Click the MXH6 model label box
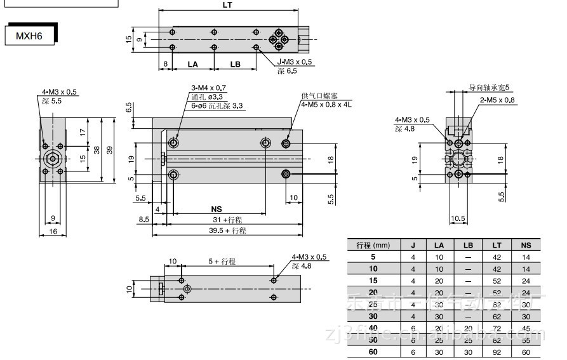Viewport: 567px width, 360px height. [x=29, y=36]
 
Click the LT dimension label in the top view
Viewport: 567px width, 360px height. [x=227, y=5]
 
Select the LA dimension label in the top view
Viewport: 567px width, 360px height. [x=193, y=64]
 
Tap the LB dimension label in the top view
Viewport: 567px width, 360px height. [x=235, y=64]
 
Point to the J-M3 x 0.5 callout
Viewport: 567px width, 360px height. [x=295, y=62]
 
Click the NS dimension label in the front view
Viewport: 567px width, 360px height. [x=217, y=209]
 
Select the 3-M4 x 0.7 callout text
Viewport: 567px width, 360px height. [x=209, y=88]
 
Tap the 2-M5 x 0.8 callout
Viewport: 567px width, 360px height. [x=497, y=100]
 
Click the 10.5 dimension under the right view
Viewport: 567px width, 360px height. [x=458, y=219]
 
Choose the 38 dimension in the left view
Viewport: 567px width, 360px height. [x=97, y=150]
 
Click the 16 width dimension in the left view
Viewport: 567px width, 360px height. [x=53, y=232]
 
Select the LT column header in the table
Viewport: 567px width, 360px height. [x=497, y=245]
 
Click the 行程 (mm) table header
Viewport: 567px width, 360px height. [x=373, y=245]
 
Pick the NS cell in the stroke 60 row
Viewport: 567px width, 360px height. [x=526, y=352]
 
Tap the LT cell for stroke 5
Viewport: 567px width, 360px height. [x=497, y=257]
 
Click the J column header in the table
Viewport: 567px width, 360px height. [x=413, y=245]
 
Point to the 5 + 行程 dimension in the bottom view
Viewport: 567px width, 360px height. [x=222, y=261]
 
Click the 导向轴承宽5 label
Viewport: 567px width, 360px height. [x=490, y=88]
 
